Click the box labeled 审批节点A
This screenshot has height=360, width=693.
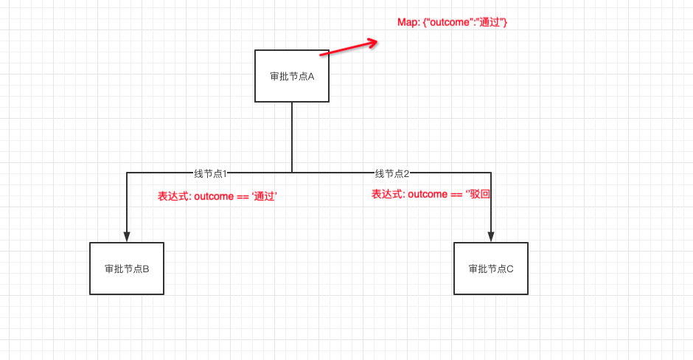pos(291,76)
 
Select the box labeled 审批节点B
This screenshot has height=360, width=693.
pos(127,269)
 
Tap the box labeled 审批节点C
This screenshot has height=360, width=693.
pos(490,269)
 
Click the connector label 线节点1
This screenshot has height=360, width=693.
pos(210,173)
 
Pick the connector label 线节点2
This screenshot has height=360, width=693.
pos(391,173)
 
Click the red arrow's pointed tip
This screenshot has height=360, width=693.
pos(377,41)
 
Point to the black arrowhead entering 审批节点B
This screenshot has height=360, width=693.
pos(127,237)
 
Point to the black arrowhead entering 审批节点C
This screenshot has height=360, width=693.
pos(491,237)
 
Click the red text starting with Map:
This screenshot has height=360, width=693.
pos(452,23)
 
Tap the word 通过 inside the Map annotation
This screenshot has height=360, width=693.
pos(490,23)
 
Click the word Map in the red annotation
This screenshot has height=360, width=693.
pos(408,23)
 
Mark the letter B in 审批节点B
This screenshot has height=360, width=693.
pos(146,269)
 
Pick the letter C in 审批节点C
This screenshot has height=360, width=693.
pos(509,269)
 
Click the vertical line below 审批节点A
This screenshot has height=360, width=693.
pos(292,136)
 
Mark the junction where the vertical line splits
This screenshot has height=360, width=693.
pos(292,173)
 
